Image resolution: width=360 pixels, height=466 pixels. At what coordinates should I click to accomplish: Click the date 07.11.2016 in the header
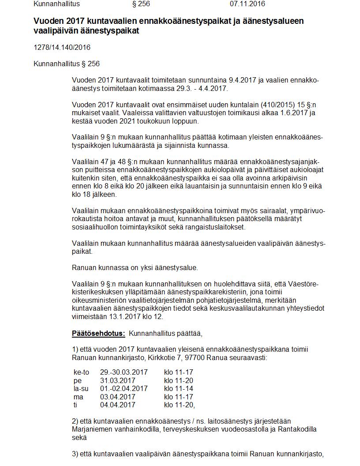[x=247, y=4]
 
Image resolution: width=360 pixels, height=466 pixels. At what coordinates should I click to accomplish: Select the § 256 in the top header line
[x=141, y=4]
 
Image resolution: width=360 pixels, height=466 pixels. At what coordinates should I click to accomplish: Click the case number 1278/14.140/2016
[x=62, y=48]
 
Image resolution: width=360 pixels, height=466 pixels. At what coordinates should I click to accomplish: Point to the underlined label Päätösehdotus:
[x=98, y=333]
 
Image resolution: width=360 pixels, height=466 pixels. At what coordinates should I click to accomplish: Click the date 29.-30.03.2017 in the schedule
[x=124, y=372]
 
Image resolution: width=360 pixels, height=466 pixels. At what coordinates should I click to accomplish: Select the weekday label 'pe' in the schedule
[x=78, y=381]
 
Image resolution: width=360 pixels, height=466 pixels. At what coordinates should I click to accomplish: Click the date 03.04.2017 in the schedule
[x=117, y=397]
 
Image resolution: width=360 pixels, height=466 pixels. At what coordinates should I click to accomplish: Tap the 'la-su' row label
[x=81, y=389]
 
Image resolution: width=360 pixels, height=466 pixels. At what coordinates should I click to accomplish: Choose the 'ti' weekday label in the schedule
[x=75, y=405]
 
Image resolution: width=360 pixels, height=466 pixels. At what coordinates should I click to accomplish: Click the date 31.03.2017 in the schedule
[x=117, y=381]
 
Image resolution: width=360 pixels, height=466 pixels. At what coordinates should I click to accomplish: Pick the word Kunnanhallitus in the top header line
[x=57, y=4]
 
